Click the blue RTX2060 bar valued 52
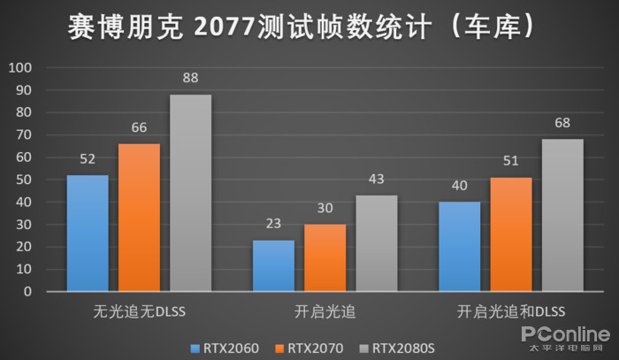point(88,233)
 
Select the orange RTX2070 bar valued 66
point(139,217)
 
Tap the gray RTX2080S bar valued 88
point(190,192)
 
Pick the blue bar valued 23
point(273,265)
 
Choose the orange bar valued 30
point(325,257)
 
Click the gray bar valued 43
point(376,242)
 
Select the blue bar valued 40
point(459,246)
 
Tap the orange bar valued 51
point(511,234)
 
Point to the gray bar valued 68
point(562,215)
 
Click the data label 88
point(190,78)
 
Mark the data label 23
point(273,224)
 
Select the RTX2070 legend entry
point(309,348)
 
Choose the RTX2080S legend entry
point(399,348)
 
